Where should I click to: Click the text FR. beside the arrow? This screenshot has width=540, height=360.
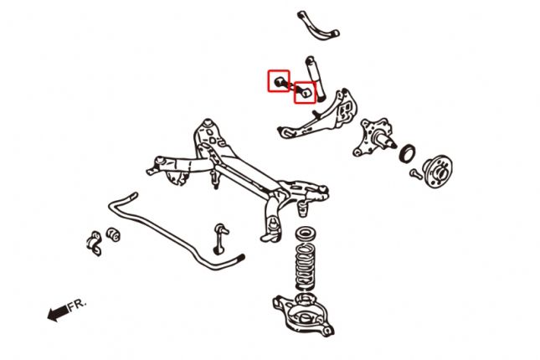78,306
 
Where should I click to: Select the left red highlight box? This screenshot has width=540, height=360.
279,81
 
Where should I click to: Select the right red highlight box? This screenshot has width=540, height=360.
305,92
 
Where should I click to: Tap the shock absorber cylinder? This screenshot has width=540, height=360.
316,79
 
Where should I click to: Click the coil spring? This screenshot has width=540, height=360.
305,266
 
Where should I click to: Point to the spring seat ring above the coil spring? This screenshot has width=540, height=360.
305,234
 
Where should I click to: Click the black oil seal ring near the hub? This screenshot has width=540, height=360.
407,153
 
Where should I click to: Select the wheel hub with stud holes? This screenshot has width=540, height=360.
437,171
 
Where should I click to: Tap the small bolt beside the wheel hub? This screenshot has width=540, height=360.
416,173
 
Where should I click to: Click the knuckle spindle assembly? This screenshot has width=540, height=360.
374,137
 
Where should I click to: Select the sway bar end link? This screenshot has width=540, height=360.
220,239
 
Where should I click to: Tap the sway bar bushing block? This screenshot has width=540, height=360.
113,234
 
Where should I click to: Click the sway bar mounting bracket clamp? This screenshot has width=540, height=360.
94,243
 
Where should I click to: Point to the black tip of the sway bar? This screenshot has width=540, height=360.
241,257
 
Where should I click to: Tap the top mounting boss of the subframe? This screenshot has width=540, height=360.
208,122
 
